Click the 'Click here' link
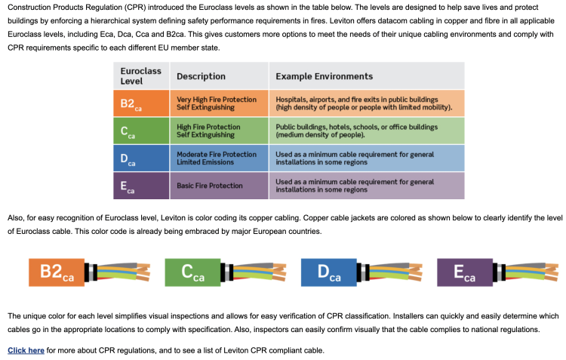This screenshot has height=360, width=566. click(x=26, y=350)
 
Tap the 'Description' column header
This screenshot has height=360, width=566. click(x=201, y=76)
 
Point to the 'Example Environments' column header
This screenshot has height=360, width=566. click(x=325, y=76)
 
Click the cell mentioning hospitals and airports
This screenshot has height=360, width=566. click(x=366, y=103)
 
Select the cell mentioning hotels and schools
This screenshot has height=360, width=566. click(x=366, y=131)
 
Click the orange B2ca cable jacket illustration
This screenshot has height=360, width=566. click(x=57, y=272)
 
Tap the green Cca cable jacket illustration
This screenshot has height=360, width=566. click(x=192, y=272)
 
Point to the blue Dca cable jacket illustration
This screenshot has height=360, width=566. click(x=328, y=272)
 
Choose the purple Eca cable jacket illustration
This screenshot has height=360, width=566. click(x=464, y=272)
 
